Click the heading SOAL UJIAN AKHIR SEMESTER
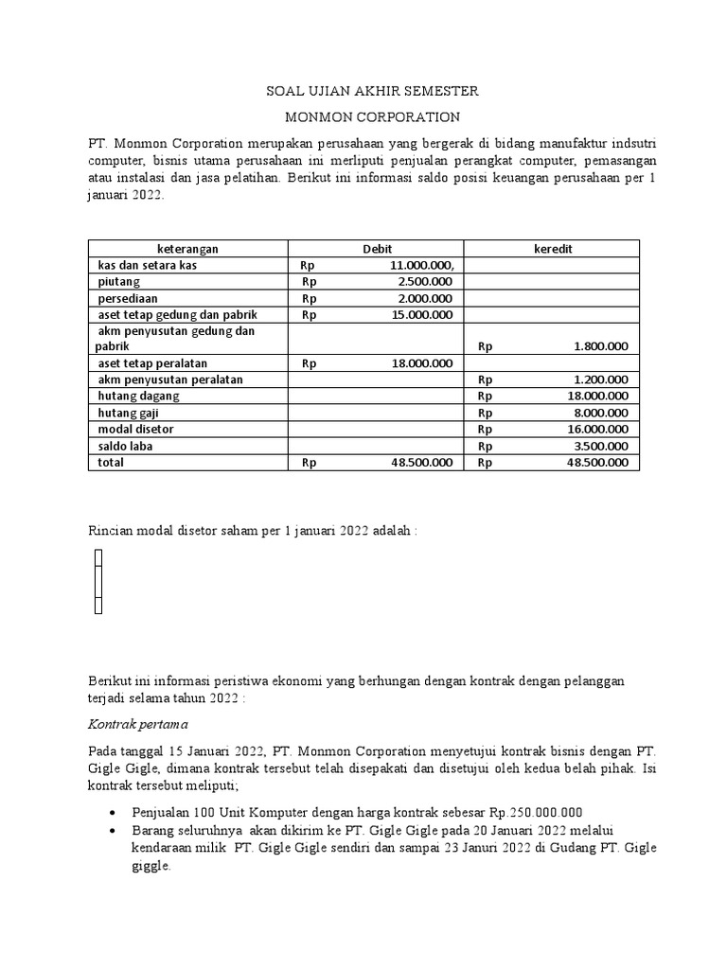(370, 92)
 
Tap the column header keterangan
(187, 248)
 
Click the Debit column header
(376, 248)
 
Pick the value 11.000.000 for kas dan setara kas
(421, 265)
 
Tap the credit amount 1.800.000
(600, 346)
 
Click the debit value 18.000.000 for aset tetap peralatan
(421, 363)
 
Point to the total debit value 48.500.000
(421, 463)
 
